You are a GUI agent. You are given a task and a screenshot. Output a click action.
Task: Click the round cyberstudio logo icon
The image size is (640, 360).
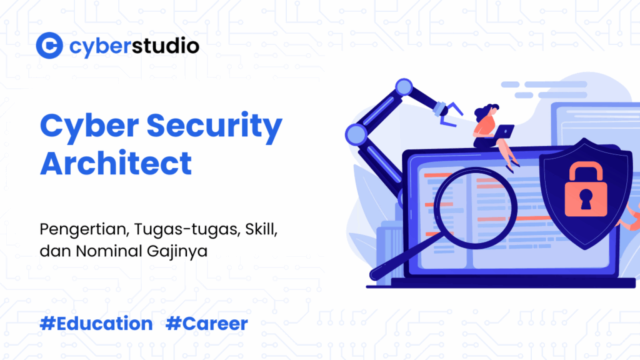tap(49, 46)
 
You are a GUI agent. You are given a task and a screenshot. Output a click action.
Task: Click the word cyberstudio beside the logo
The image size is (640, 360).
tap(134, 46)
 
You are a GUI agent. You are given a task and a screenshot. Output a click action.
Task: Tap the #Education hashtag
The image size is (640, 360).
tap(96, 324)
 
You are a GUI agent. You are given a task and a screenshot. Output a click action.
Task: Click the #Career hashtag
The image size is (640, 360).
tap(207, 324)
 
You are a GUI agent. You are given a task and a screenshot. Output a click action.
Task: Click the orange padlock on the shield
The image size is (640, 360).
tap(586, 191)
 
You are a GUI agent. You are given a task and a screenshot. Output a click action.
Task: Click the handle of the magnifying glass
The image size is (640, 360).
tap(391, 265)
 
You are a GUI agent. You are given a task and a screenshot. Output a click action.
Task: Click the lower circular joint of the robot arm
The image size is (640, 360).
tap(356, 133)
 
